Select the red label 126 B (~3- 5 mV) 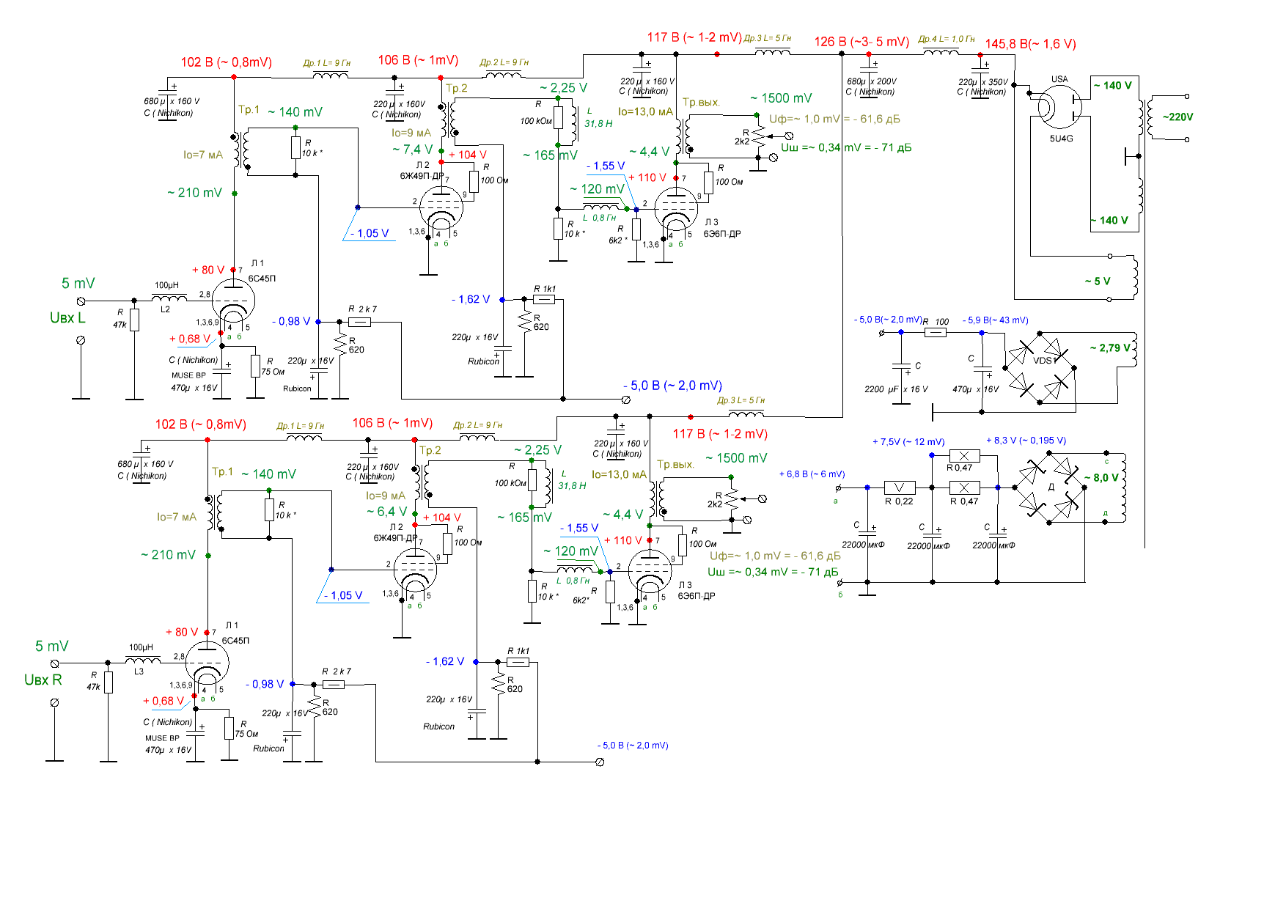click(x=861, y=42)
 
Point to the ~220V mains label click(x=1177, y=117)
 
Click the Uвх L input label click(x=67, y=318)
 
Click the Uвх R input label click(x=43, y=680)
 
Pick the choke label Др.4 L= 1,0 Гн click(x=947, y=39)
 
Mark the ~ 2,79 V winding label click(x=1109, y=348)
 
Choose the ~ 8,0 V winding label click(x=1101, y=478)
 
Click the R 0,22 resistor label click(x=899, y=501)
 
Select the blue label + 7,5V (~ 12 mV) click(x=908, y=442)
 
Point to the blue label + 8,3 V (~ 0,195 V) click(x=1026, y=441)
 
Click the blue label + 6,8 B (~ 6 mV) click(x=812, y=474)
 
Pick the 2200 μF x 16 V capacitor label click(x=896, y=389)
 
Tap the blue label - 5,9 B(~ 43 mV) click(x=995, y=320)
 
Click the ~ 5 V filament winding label click(x=1098, y=281)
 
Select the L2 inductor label click(x=165, y=309)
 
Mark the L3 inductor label click(x=139, y=671)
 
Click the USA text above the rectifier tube click(x=1059, y=79)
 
